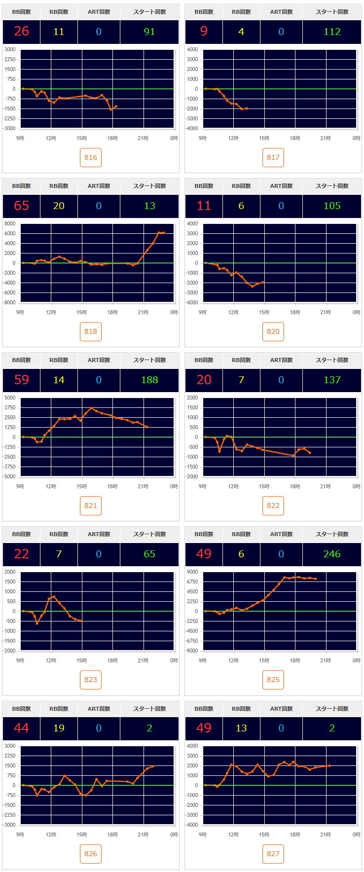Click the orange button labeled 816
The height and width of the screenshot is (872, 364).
[91, 157]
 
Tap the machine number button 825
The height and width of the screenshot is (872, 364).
[273, 680]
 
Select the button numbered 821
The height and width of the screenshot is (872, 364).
[91, 506]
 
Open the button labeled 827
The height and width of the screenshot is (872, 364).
[273, 854]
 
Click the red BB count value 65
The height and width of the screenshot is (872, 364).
[22, 206]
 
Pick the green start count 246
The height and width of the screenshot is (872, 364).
[332, 554]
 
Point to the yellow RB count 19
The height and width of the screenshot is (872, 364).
[59, 728]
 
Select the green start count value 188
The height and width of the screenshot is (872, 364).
[149, 380]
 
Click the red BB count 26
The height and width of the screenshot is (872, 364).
[22, 32]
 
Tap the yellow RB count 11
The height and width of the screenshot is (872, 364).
[59, 32]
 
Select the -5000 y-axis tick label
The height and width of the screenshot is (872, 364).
[10, 476]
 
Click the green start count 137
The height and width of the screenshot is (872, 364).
[332, 380]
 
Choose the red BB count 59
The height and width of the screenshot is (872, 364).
[22, 380]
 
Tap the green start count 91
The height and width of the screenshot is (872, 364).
[149, 32]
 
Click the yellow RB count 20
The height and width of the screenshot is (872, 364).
[59, 206]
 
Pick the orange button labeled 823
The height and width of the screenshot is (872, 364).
[91, 680]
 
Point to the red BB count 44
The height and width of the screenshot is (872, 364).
[22, 728]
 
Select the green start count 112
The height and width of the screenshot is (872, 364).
[332, 32]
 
